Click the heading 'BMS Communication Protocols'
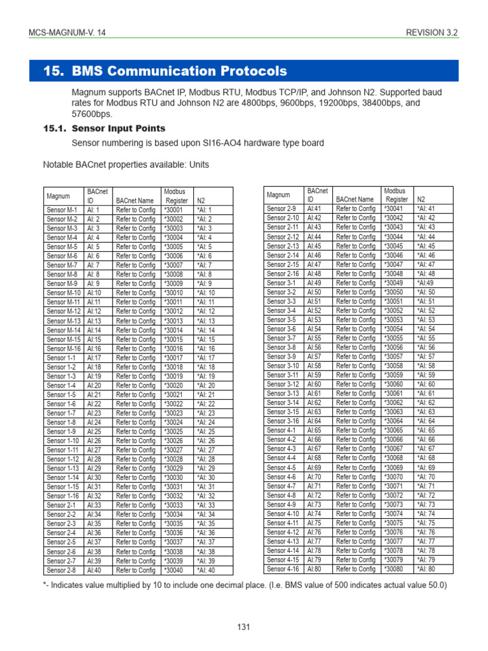(x=179, y=71)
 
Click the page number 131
(x=244, y=627)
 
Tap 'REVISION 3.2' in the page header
(x=432, y=33)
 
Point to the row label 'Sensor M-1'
(x=62, y=210)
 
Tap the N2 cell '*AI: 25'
(x=206, y=432)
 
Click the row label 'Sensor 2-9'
(x=282, y=209)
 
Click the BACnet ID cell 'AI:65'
(x=314, y=430)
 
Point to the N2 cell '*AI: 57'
(x=426, y=357)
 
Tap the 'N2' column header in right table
(x=420, y=199)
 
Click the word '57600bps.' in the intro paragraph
(x=91, y=114)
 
